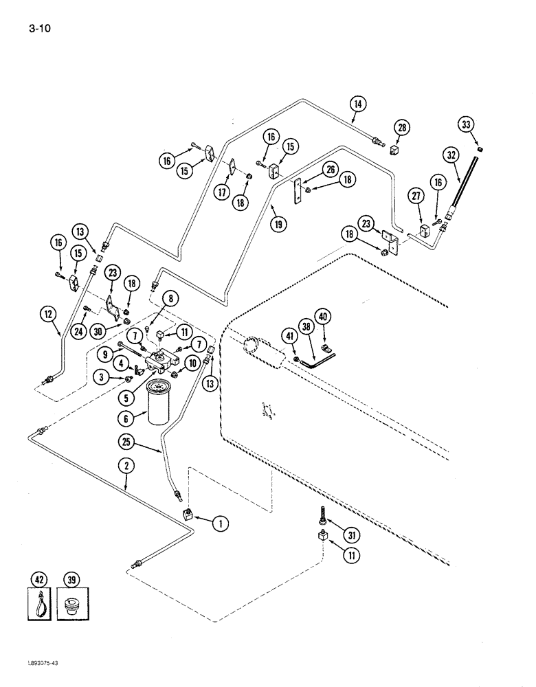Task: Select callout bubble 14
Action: (x=357, y=104)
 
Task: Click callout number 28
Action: (x=401, y=127)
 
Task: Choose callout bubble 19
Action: (x=278, y=223)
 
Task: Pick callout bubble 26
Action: (x=330, y=170)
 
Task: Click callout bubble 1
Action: (x=219, y=525)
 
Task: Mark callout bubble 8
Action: (x=170, y=298)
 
